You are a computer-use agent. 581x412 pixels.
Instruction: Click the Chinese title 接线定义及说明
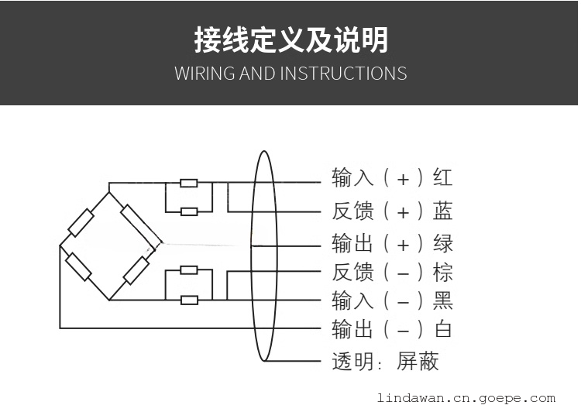click(x=290, y=40)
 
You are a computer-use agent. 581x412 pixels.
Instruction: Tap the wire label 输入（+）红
click(x=392, y=178)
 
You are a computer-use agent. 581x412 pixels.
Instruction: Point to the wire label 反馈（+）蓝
click(x=392, y=211)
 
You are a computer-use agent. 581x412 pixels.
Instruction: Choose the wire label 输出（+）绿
click(x=392, y=243)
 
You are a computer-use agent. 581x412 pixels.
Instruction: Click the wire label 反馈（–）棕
click(x=392, y=272)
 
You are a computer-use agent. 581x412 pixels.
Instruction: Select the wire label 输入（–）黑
click(x=392, y=300)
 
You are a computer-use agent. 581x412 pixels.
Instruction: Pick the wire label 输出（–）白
click(x=392, y=329)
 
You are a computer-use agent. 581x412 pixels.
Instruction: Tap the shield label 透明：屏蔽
click(x=385, y=361)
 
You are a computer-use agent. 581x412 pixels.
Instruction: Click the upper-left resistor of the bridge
click(x=81, y=223)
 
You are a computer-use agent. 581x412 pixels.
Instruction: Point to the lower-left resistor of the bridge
click(x=78, y=266)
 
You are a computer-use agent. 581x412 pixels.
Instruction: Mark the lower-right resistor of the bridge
click(x=136, y=270)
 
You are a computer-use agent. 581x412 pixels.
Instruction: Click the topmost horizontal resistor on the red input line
click(x=189, y=184)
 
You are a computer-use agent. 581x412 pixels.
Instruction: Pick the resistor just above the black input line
click(x=189, y=270)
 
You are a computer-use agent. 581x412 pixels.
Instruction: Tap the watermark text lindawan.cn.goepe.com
click(x=466, y=399)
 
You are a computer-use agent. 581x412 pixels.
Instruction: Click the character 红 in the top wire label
click(x=443, y=178)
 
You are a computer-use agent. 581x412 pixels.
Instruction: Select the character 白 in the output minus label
click(x=443, y=329)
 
